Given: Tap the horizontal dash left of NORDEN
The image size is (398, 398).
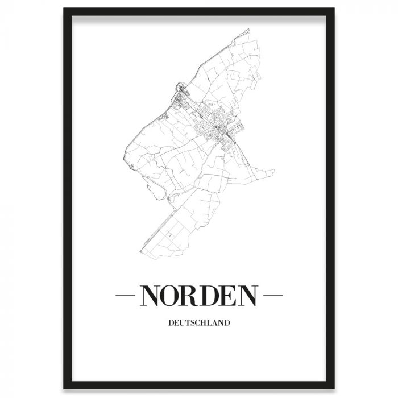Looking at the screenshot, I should coord(124,296).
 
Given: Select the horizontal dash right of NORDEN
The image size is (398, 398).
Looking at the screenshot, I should coord(274,296).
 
